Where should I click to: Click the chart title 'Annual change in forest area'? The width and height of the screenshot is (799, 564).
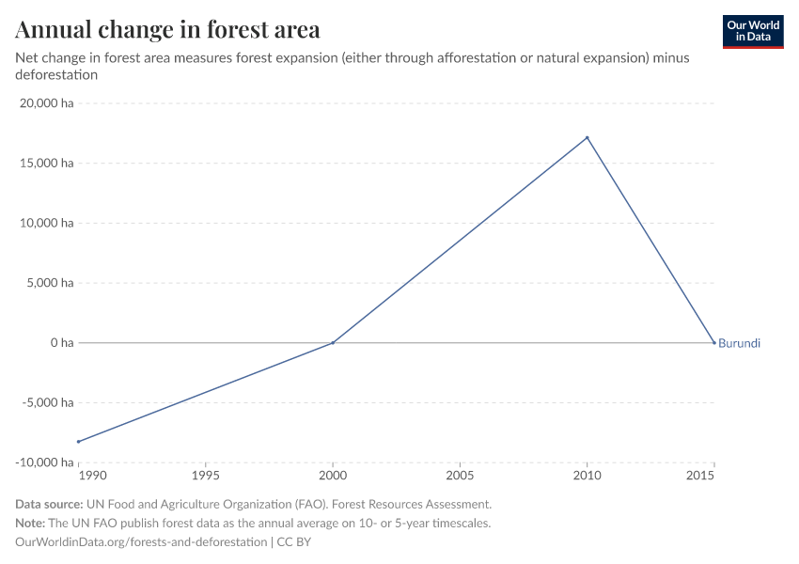coord(167,30)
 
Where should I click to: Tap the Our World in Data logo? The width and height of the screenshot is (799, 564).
coord(752,31)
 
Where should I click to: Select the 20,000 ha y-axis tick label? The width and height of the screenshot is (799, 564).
coord(47,103)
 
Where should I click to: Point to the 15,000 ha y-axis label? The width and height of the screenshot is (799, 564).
coord(47,164)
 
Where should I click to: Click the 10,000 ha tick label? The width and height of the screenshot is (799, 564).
coord(47,223)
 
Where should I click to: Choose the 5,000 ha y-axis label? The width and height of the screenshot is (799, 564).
coord(50,283)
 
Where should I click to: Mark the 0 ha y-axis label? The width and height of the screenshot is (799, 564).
coord(61,343)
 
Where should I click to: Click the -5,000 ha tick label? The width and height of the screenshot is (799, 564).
coord(48,402)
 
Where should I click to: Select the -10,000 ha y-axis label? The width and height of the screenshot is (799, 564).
coord(45,462)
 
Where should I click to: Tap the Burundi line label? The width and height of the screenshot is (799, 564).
coord(739,343)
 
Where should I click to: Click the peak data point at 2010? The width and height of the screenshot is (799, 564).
coord(587,138)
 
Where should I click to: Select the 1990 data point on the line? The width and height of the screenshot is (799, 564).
coord(79,442)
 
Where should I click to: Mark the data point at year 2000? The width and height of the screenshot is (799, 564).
coord(333,343)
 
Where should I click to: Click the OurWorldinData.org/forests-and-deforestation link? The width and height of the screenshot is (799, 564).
coord(142,542)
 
